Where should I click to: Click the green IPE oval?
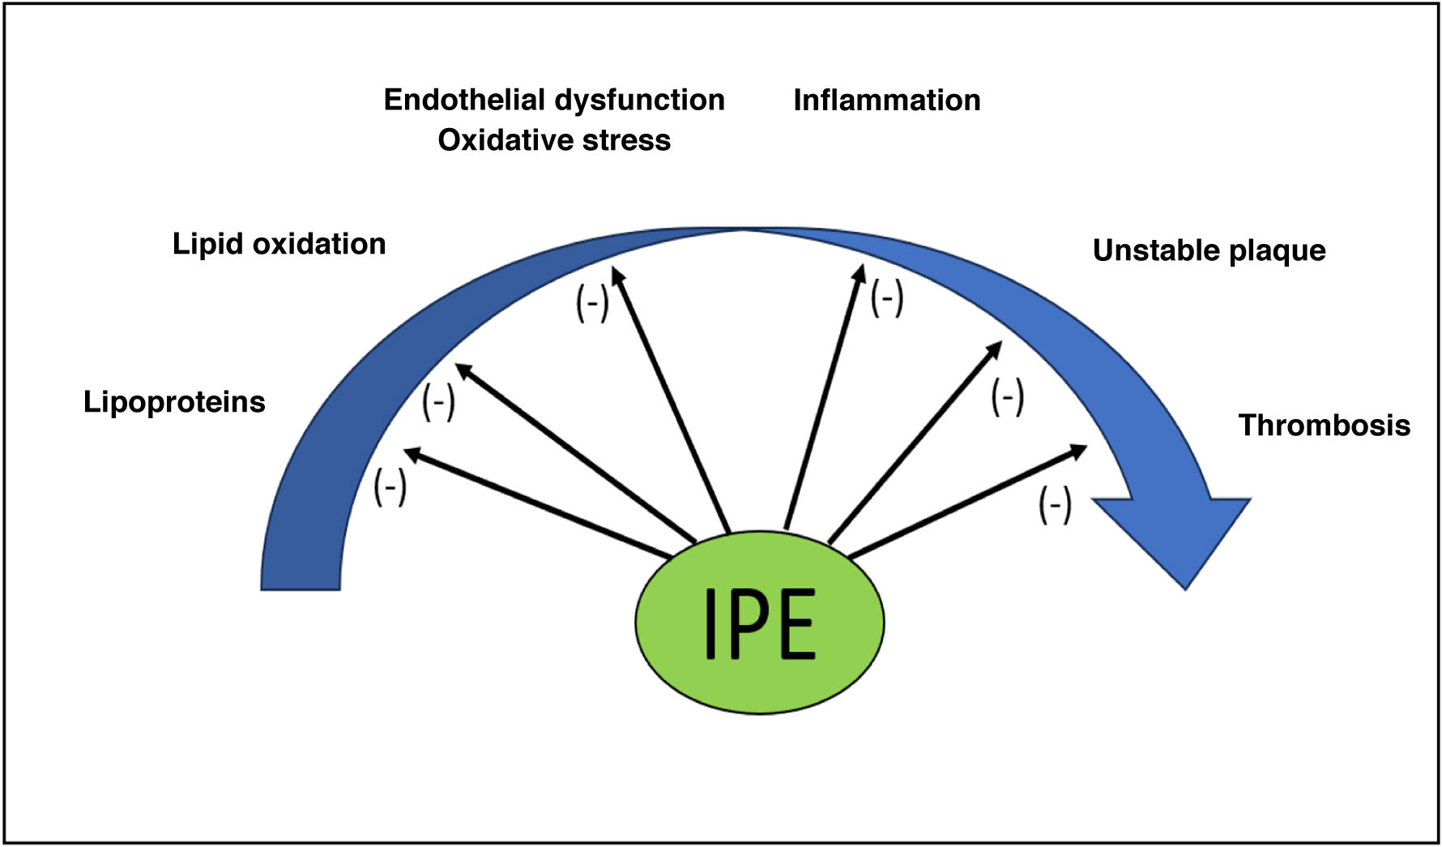(x=759, y=622)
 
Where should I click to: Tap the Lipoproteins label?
(x=174, y=402)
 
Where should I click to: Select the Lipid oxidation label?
(x=279, y=244)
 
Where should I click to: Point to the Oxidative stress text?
(x=554, y=140)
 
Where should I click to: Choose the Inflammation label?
(x=886, y=101)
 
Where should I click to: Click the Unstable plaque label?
(x=1209, y=250)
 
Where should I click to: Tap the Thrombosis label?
(x=1324, y=426)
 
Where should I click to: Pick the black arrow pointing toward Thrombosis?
(x=967, y=501)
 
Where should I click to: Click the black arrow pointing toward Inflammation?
(x=823, y=397)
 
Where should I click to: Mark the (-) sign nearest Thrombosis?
(x=1055, y=505)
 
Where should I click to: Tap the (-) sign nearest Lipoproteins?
(x=390, y=487)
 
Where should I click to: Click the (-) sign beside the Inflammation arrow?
(x=886, y=297)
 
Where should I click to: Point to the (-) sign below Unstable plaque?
(x=1007, y=398)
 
